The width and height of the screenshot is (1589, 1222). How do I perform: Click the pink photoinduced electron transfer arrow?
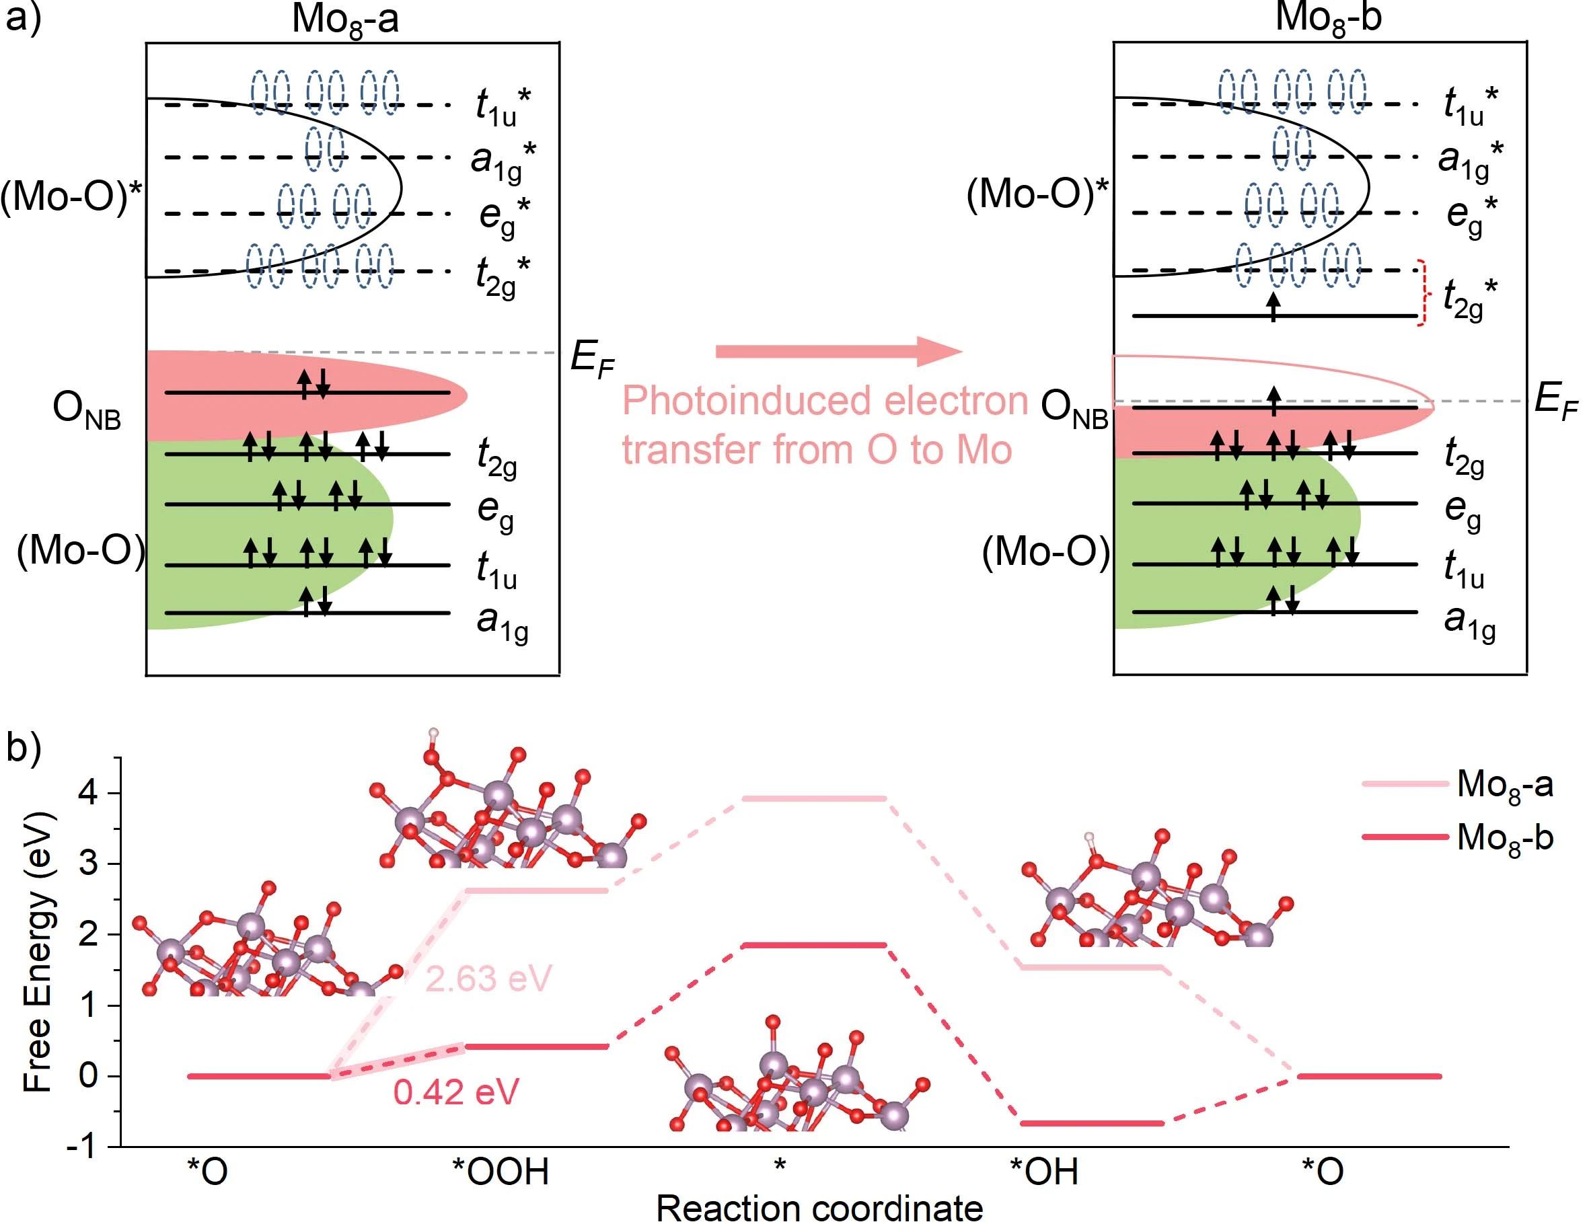click(x=837, y=351)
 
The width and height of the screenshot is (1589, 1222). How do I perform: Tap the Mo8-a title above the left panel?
click(x=345, y=19)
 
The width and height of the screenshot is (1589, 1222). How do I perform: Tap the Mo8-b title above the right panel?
click(x=1328, y=17)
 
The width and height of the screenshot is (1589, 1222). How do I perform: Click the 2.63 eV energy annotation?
click(x=488, y=979)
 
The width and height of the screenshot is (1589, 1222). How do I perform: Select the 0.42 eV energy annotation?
click(x=456, y=1092)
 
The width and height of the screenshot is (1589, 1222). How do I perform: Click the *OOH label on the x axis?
click(x=501, y=1172)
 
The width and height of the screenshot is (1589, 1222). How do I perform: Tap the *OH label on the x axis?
click(x=1043, y=1172)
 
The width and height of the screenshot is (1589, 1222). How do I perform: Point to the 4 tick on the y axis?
click(x=88, y=792)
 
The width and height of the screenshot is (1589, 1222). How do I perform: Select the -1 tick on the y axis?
click(x=81, y=1147)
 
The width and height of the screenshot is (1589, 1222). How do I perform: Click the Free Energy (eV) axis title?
click(x=38, y=952)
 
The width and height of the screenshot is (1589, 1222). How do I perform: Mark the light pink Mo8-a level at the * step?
click(x=815, y=799)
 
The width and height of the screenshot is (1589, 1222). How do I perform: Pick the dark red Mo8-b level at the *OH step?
click(x=1092, y=1124)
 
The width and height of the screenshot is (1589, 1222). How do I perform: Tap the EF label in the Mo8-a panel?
click(x=592, y=359)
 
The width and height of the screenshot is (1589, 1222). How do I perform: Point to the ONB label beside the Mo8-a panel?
click(x=87, y=410)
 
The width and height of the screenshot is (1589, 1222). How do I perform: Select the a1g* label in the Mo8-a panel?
click(x=503, y=160)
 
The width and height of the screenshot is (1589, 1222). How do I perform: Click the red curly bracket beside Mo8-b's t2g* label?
click(x=1424, y=293)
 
